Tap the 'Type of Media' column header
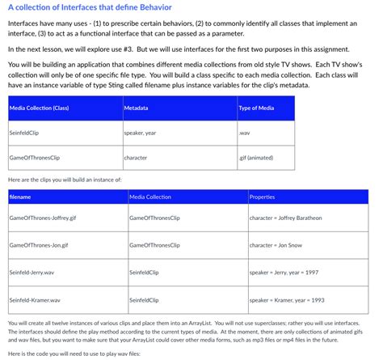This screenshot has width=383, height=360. coord(257,108)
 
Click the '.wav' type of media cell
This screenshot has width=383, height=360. coord(245,132)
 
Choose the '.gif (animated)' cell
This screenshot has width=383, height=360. coord(255,157)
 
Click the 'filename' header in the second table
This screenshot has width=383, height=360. coord(20,197)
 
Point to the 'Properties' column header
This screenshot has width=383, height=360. coord(263,197)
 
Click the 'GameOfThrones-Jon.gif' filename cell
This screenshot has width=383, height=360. coord(39,244)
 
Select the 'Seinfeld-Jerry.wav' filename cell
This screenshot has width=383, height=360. coord(32,273)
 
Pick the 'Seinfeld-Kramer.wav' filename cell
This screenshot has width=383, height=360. coord(34,299)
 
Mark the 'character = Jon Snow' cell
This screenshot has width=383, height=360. coord(278,244)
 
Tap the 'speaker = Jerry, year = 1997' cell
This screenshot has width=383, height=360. coord(289,273)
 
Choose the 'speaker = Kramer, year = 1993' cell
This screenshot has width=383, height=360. coord(292,299)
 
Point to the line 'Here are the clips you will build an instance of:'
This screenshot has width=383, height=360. coord(64,178)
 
